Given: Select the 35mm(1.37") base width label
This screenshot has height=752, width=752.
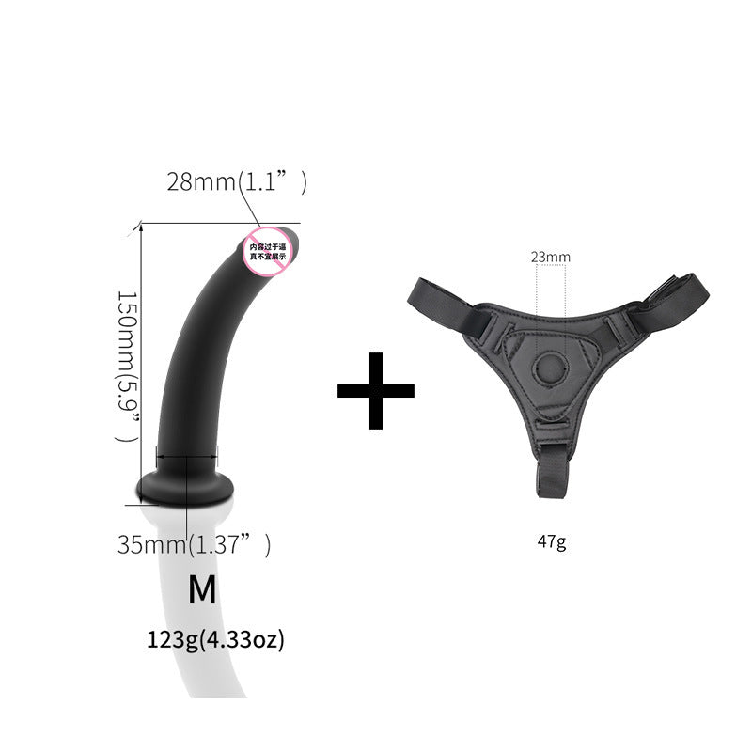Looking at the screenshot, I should click(x=194, y=544).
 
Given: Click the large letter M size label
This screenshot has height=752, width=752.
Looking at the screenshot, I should click(x=202, y=589).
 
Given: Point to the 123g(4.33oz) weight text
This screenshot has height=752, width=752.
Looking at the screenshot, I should click(x=215, y=641).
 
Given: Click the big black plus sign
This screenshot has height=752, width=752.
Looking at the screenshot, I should click(x=376, y=390).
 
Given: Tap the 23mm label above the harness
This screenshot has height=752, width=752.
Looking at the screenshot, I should click(x=550, y=256).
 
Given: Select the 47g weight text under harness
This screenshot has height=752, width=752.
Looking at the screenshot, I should click(x=552, y=541).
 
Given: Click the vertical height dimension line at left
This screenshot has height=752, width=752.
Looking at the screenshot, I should click(x=141, y=357).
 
